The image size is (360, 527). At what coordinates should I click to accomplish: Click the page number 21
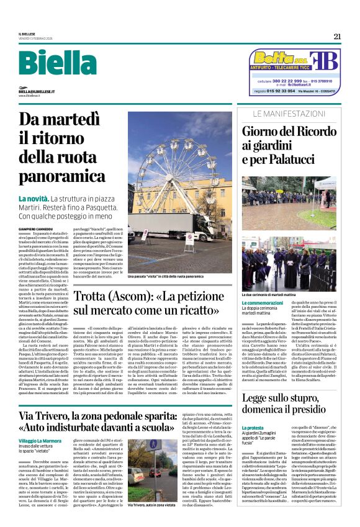coord(336,36)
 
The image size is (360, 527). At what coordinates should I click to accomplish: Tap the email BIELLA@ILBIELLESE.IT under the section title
coord(43,91)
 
